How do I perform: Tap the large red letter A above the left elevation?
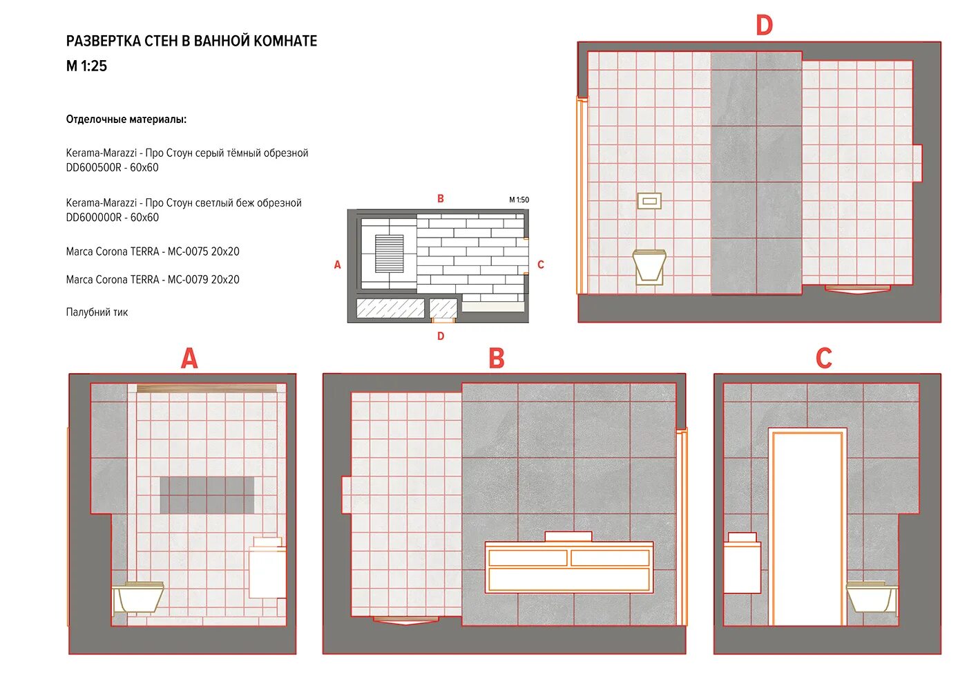(x=189, y=359)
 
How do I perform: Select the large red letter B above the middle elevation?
(x=497, y=359)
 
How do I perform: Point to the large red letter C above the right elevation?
(x=823, y=359)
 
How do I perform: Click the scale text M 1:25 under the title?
(x=86, y=66)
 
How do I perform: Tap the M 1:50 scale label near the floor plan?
(x=519, y=200)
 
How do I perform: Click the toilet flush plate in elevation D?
(x=649, y=201)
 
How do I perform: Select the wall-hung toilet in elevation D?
(x=649, y=267)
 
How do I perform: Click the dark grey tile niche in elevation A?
(x=207, y=495)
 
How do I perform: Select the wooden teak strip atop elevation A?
(x=207, y=388)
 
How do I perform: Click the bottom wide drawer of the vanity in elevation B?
(x=569, y=580)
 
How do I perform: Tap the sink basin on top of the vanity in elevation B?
(x=568, y=536)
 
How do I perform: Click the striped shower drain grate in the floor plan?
(x=389, y=254)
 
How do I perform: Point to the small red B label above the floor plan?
(x=441, y=199)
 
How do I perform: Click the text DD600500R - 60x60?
(x=112, y=167)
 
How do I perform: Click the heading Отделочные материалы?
(x=126, y=120)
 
